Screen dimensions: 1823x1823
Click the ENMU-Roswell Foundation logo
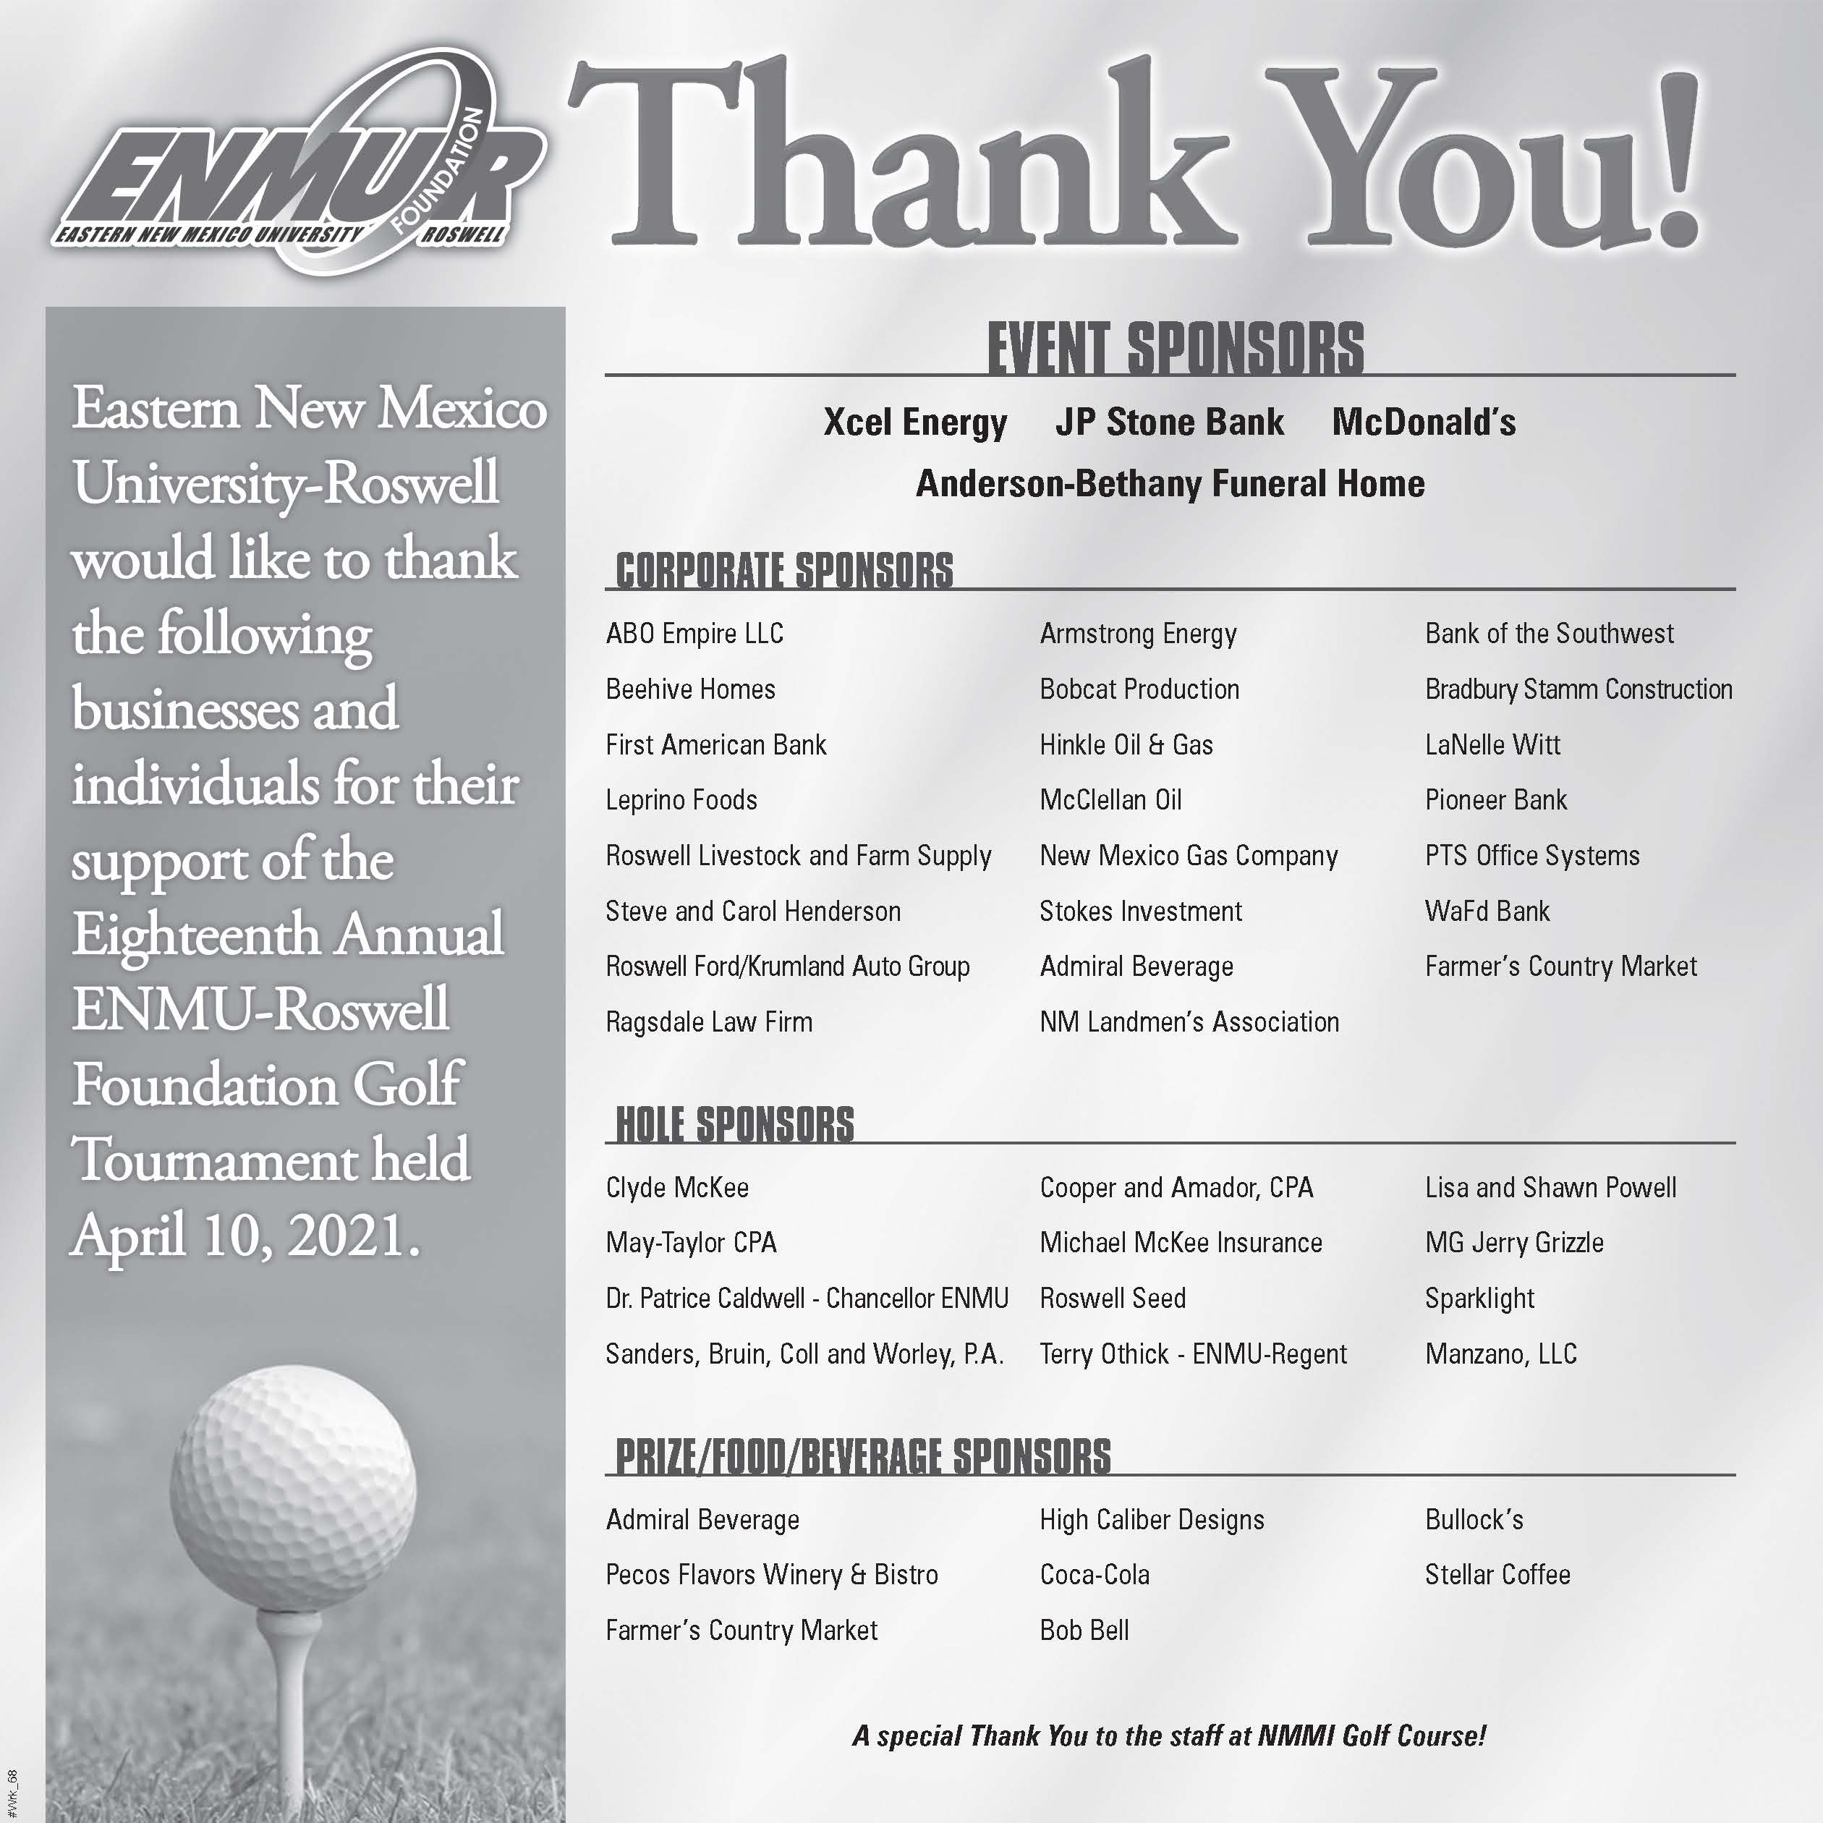[297, 165]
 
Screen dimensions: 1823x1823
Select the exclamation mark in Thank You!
[1670, 161]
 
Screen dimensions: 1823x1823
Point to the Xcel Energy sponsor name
[914, 422]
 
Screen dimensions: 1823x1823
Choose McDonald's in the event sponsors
[1423, 422]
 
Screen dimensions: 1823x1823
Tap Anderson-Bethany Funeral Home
[1170, 484]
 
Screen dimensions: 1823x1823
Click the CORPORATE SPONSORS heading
[783, 571]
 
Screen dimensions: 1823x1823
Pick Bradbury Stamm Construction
[1578, 689]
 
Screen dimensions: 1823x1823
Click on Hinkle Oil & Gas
[1126, 744]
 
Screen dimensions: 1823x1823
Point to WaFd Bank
[1487, 911]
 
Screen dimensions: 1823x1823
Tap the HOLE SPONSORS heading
[734, 1125]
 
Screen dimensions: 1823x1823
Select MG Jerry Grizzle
[1513, 1243]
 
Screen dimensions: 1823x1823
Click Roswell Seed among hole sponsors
[1113, 1299]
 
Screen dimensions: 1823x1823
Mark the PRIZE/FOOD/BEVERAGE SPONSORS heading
[862, 1456]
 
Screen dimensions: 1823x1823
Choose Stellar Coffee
[1497, 1575]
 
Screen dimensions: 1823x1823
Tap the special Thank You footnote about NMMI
[1169, 1736]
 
